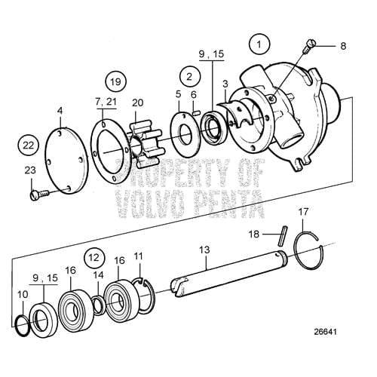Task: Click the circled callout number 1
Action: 260,44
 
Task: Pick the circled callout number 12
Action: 92,257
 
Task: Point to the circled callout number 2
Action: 190,75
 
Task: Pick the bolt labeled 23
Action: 35,196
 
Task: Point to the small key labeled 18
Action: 280,237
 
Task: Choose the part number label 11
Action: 137,257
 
